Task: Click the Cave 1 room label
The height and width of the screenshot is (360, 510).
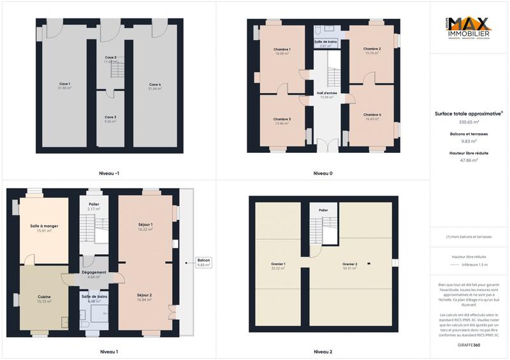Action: coord(64,83)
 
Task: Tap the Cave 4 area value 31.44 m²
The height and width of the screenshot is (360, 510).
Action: coord(155,89)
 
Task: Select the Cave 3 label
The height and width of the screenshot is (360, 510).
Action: coord(110,117)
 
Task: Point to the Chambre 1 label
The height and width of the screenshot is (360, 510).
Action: coord(282,49)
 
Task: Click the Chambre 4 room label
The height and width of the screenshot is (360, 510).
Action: coord(372,115)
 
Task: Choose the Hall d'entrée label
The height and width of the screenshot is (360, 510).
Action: coord(327,93)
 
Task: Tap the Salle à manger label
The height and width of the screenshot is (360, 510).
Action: coord(44,226)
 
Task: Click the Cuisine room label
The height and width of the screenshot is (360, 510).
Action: coord(44,297)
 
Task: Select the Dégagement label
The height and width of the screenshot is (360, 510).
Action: coord(94,272)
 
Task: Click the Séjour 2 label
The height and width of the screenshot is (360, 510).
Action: coord(145,296)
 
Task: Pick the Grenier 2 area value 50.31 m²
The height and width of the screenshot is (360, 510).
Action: coord(349,268)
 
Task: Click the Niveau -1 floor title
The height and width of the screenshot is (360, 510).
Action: coord(109,173)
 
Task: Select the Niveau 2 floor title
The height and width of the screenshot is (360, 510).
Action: coord(323,351)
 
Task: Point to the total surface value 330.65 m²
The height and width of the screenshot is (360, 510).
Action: coord(469,122)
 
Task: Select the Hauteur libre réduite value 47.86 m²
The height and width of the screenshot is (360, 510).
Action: coord(469,161)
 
